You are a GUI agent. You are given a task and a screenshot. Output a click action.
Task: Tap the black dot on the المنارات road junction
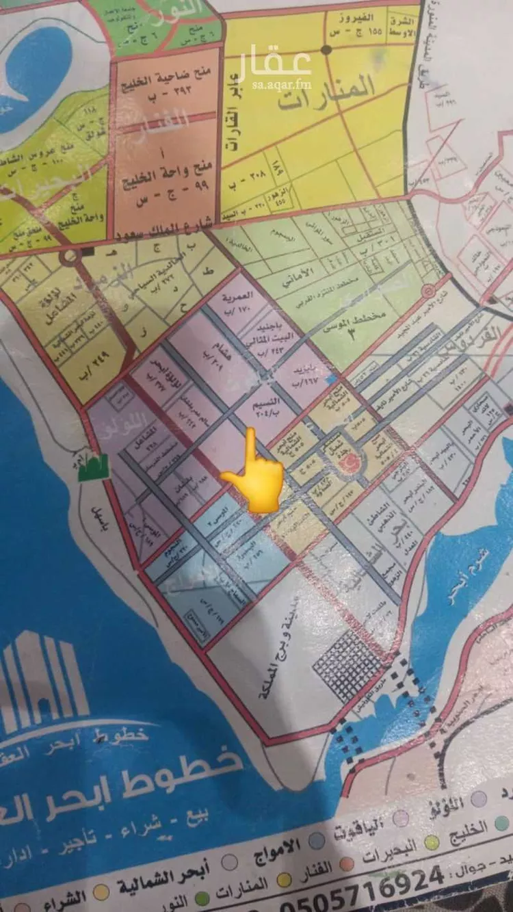327,51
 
